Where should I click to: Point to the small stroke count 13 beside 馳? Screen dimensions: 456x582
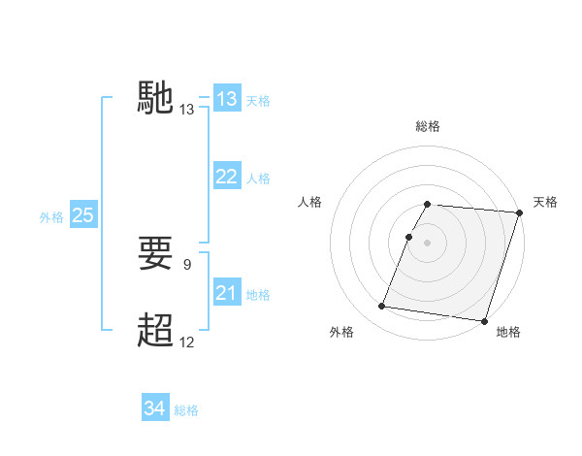click(187, 111)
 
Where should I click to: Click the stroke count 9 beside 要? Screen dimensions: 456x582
click(187, 263)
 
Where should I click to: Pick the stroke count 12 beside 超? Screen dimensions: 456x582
click(187, 342)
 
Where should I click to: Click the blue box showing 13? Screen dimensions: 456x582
click(227, 99)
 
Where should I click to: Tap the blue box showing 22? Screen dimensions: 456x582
click(227, 177)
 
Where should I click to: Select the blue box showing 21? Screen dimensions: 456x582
click(227, 293)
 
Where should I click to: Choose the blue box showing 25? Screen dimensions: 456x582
click(83, 215)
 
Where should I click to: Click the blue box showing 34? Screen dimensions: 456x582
click(155, 408)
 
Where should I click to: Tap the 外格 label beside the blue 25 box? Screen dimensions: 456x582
click(51, 217)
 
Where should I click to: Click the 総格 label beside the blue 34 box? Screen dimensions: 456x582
click(186, 410)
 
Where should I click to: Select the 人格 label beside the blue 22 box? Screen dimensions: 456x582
click(258, 179)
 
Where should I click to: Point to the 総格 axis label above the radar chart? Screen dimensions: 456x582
click(427, 126)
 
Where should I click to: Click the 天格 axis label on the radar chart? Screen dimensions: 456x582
click(545, 202)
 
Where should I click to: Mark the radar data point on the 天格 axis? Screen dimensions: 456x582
click(519, 212)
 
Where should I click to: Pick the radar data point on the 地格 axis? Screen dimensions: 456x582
click(483, 320)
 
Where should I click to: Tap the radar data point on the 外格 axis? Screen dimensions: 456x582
click(382, 307)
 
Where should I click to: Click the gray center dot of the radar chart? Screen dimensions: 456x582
click(427, 243)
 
